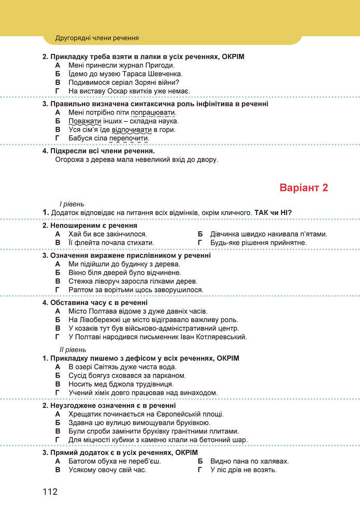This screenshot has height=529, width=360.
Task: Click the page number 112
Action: click(x=50, y=491)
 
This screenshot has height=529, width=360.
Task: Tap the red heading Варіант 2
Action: click(x=304, y=188)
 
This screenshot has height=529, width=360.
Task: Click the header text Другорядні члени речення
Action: click(x=97, y=38)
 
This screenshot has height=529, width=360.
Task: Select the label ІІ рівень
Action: click(x=73, y=350)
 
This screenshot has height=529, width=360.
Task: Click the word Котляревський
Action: click(x=218, y=337)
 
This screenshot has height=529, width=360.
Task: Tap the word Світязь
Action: click(x=107, y=367)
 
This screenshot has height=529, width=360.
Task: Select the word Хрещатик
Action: click(x=85, y=414)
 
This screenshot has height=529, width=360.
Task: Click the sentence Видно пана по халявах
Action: click(x=250, y=461)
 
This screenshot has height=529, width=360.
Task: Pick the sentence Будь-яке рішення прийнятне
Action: click(x=258, y=242)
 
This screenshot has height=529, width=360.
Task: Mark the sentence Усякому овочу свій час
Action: click(x=107, y=470)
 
